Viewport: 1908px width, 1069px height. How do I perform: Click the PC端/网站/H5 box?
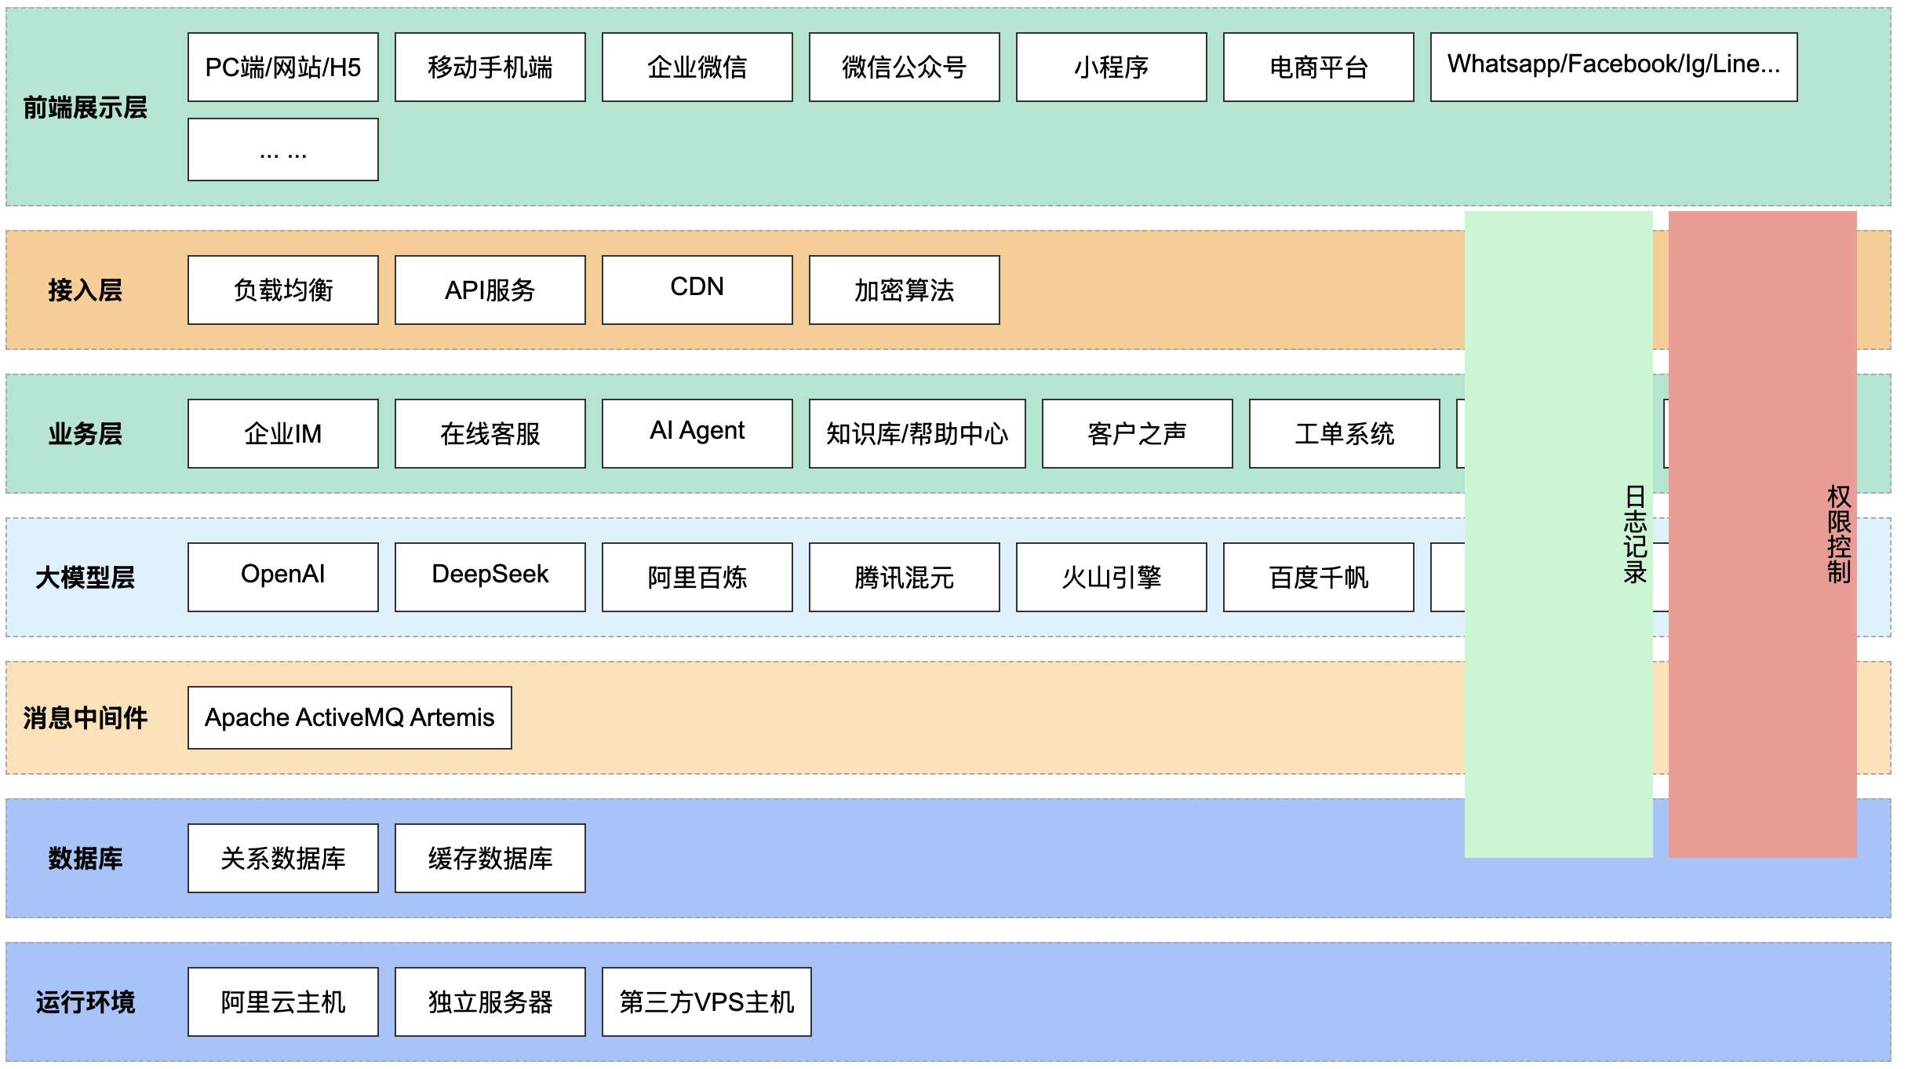coord(283,67)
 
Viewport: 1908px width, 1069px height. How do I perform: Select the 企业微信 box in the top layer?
coord(697,67)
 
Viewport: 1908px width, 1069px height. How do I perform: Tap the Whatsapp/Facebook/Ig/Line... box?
coord(1614,67)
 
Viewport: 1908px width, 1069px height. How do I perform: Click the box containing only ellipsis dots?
coord(283,150)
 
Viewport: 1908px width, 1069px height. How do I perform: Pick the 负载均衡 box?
coord(283,290)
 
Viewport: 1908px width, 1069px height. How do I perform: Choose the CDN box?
coord(697,290)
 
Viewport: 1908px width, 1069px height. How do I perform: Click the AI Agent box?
coord(697,434)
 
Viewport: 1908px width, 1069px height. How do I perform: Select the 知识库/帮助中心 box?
coord(917,434)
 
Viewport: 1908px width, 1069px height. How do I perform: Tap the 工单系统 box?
coord(1345,434)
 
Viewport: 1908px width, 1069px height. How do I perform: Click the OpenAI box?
coord(283,578)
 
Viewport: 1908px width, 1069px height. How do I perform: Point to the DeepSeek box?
coord(490,578)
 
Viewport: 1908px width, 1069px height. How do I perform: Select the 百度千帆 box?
coord(1319,578)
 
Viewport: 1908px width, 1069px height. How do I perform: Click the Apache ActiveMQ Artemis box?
coord(350,718)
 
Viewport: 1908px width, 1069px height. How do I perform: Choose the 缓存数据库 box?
coord(490,859)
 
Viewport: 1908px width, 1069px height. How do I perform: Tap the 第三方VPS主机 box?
coord(707,1002)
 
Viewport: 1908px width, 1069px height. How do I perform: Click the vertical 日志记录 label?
coord(1635,534)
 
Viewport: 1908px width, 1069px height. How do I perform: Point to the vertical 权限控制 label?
coord(1839,534)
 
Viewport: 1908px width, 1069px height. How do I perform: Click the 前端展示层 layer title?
coord(86,108)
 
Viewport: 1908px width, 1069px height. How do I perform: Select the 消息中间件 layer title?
coord(86,718)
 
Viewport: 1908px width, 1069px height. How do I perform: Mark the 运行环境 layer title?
coord(86,1002)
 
